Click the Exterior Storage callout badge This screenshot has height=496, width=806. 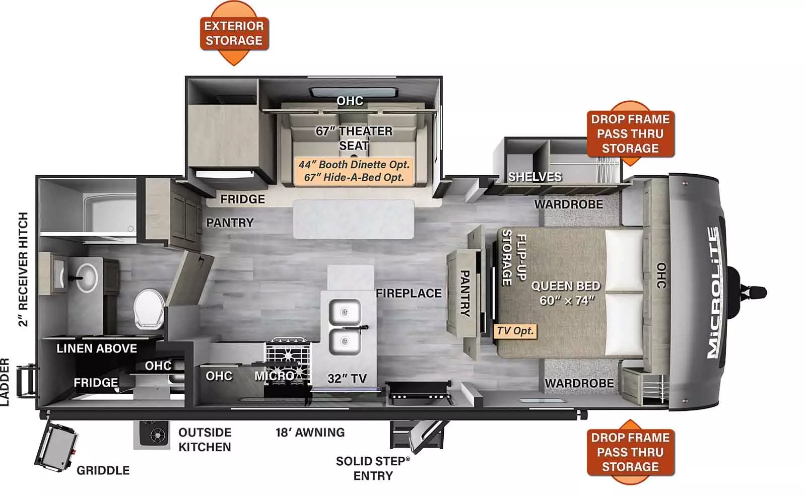(x=234, y=33)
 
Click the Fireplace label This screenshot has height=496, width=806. (x=409, y=293)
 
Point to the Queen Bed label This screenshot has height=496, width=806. (x=566, y=293)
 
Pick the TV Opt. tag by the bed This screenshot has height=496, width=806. (x=515, y=331)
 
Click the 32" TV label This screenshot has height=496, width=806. (x=347, y=378)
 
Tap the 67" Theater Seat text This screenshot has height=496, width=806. (x=354, y=138)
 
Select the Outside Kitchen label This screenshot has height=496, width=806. (x=205, y=440)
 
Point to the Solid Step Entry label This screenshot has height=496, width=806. (x=372, y=468)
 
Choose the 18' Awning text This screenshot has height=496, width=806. (x=310, y=432)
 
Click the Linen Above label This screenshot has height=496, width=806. (x=97, y=348)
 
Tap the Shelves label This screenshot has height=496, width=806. (x=534, y=177)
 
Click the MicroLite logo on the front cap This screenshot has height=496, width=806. (x=713, y=293)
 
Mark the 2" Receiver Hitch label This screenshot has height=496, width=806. (x=23, y=269)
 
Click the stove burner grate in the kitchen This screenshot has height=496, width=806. (x=288, y=352)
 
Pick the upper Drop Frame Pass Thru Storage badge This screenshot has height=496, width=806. (x=630, y=133)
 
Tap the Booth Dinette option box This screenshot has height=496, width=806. (x=354, y=171)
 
